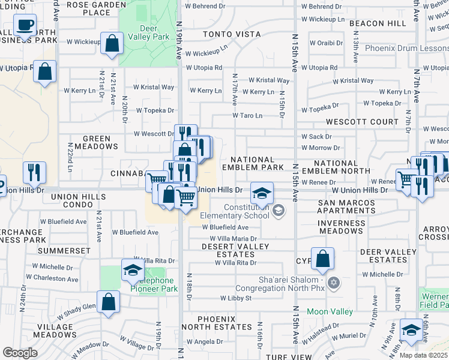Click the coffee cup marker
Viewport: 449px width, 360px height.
point(25,26)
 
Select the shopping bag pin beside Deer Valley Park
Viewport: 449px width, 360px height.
point(112,44)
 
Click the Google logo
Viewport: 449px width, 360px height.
point(20,353)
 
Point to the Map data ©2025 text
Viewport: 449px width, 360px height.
point(423,355)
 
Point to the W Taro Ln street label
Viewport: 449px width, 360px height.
point(247,115)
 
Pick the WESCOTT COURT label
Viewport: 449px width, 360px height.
point(362,122)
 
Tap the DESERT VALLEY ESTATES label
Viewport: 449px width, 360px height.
point(229,250)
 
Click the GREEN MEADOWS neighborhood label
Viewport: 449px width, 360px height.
point(96,142)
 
